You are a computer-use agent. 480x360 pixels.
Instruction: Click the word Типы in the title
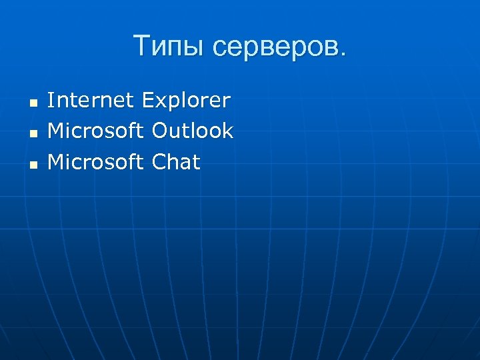167,47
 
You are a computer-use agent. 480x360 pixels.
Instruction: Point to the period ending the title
343,55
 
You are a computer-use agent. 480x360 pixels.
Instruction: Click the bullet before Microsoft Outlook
31,134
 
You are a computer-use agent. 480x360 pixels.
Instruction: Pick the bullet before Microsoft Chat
31,164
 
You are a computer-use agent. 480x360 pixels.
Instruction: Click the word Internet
92,101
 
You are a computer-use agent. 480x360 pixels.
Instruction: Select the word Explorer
187,101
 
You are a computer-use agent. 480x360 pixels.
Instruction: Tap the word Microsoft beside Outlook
95,131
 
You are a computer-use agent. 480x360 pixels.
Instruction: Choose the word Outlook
193,131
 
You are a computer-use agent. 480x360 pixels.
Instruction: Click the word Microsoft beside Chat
95,161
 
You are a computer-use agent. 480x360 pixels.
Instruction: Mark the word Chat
176,161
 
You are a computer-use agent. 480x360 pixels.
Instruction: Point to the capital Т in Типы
142,46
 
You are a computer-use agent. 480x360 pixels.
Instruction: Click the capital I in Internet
51,101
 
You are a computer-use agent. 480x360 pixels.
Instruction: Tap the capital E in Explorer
148,101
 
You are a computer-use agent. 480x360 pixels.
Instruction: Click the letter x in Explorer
161,103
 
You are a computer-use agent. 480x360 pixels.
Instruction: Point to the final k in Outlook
228,131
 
